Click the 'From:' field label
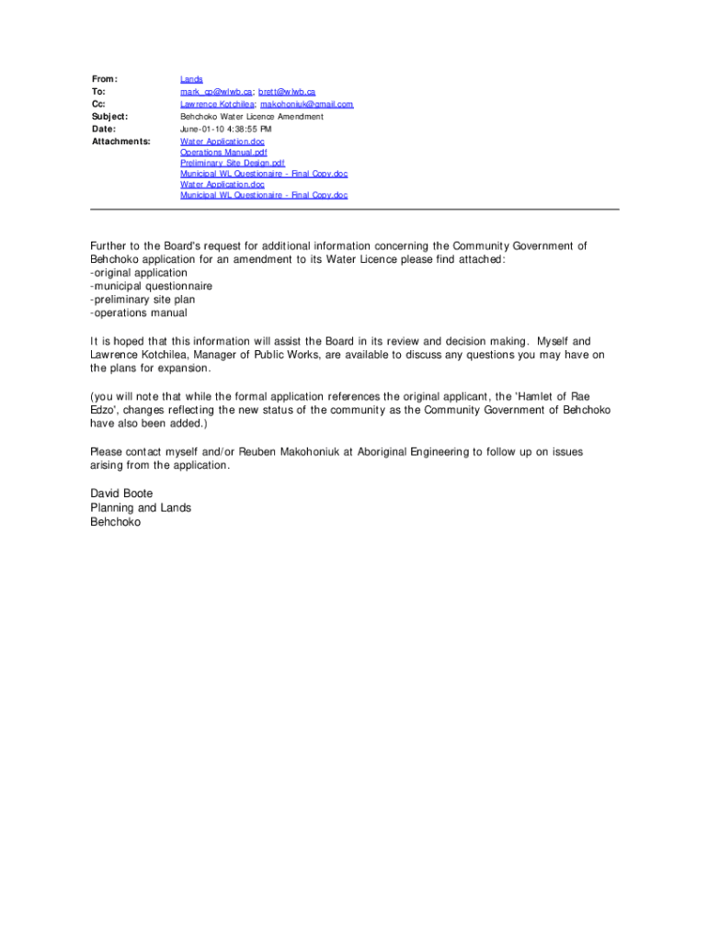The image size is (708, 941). [x=105, y=80]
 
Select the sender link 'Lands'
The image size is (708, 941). [x=191, y=80]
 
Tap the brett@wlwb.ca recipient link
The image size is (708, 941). [x=287, y=92]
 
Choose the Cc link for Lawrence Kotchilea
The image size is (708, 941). [x=217, y=105]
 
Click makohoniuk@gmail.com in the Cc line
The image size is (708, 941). [x=307, y=105]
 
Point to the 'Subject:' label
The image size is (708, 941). [x=109, y=117]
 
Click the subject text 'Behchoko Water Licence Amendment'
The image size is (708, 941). [x=252, y=117]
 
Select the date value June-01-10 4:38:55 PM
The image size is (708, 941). [x=225, y=130]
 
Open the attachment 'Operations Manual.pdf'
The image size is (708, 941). [x=223, y=153]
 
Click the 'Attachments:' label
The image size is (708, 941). [x=120, y=142]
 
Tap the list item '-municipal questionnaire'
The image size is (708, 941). [x=151, y=286]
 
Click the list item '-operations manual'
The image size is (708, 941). [x=138, y=312]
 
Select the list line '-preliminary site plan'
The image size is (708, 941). [x=143, y=300]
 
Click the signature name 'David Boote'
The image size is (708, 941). [x=121, y=493]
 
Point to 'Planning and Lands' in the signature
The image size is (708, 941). [x=141, y=507]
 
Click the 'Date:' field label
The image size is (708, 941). [x=103, y=130]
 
